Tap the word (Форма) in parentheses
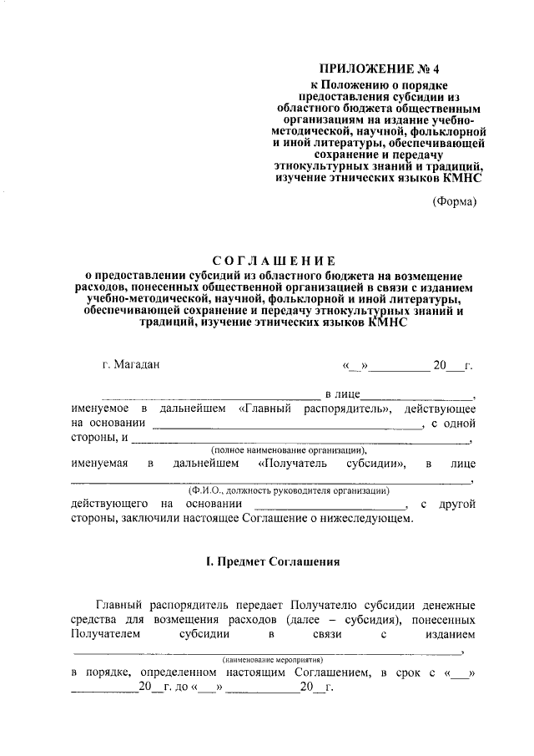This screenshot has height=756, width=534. [455, 201]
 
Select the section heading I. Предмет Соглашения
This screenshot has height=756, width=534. [273, 562]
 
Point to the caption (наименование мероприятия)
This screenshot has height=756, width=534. [272, 660]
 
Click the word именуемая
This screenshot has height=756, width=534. [99, 463]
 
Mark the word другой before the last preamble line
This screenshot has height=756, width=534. [456, 504]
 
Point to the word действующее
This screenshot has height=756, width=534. [440, 408]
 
